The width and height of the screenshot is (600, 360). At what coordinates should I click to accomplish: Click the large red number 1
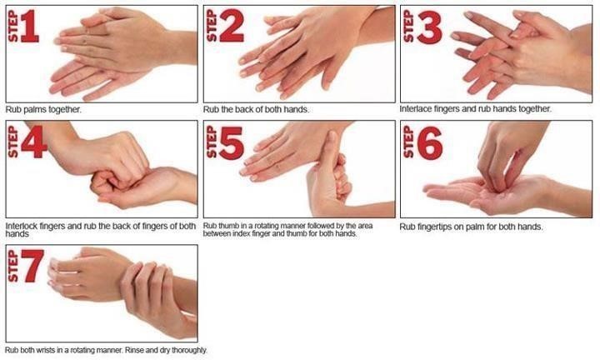(29, 26)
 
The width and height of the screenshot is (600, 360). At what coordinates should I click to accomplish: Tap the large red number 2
(231, 26)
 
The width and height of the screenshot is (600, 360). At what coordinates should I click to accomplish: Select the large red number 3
(429, 27)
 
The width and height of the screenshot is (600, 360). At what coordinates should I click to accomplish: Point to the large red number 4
(34, 142)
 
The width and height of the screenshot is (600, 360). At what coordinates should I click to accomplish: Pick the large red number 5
(232, 142)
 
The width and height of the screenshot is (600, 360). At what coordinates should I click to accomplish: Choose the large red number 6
(430, 143)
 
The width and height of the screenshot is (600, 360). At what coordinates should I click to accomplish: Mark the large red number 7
(32, 266)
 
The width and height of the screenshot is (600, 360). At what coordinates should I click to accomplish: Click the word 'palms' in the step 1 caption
(35, 110)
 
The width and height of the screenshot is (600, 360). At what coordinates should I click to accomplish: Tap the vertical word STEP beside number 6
(408, 142)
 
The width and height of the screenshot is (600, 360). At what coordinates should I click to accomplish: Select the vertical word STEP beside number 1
(12, 26)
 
